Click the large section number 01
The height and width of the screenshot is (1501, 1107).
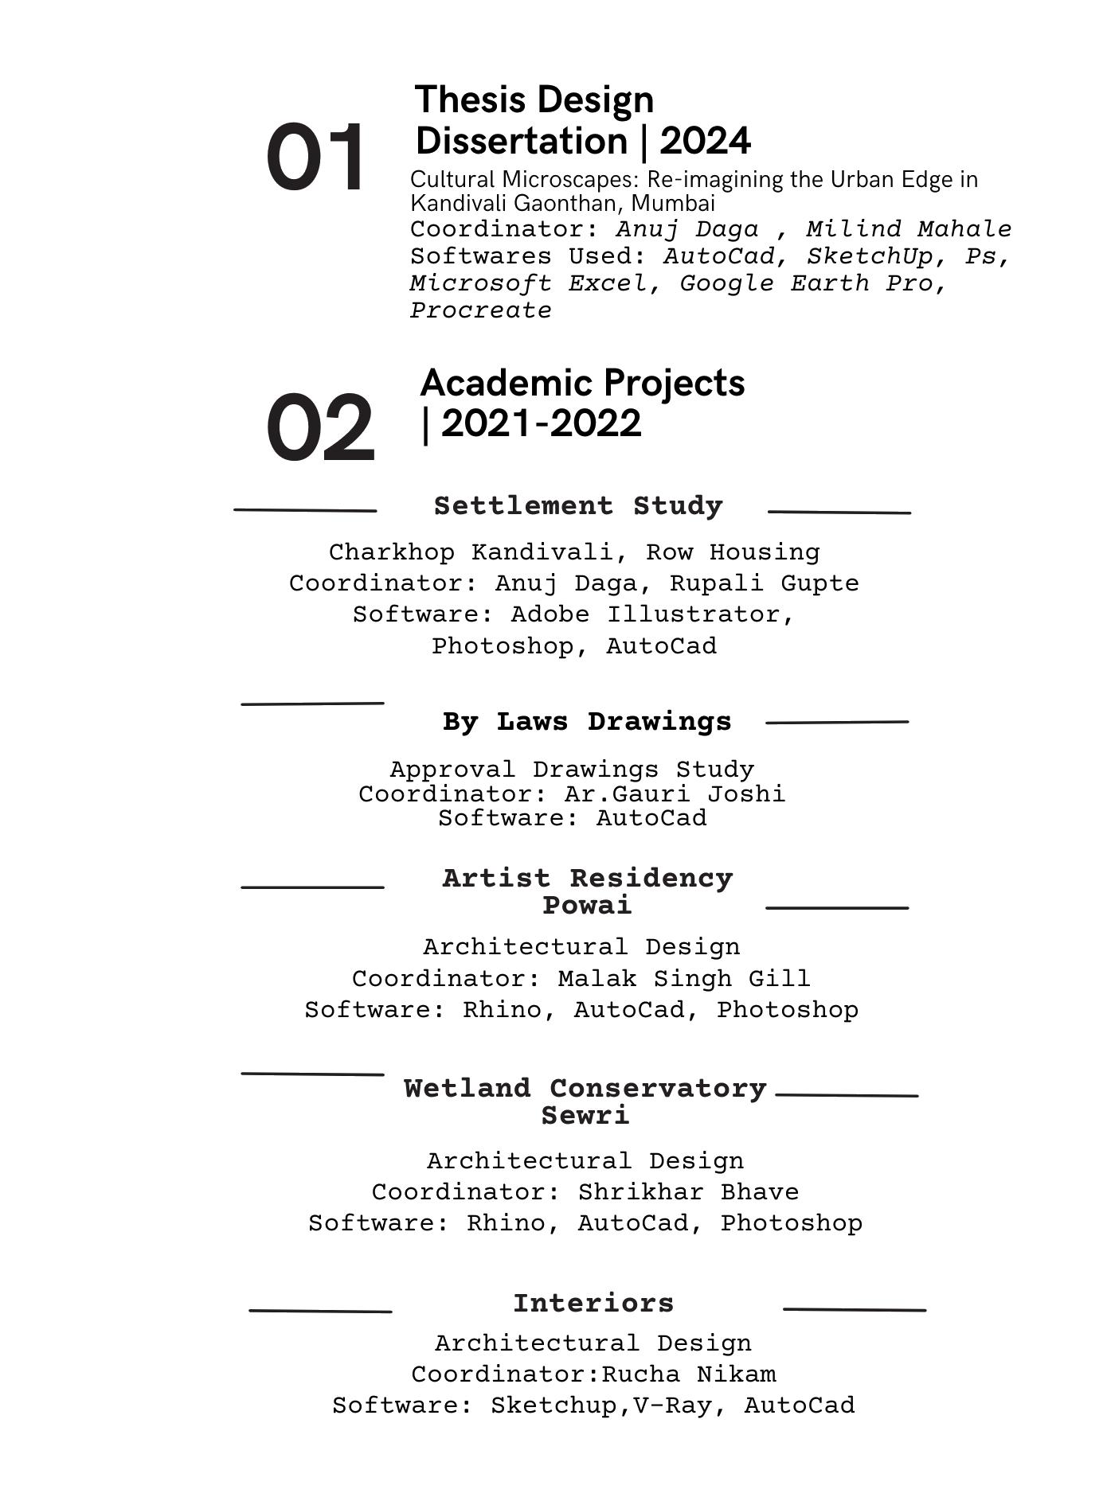(315, 158)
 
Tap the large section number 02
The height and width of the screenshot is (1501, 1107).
(319, 427)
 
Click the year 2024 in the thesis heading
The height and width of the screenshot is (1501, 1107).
(705, 142)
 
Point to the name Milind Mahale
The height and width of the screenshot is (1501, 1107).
(909, 229)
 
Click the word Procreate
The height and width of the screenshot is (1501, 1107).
(480, 310)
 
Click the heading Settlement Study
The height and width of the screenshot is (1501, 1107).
(578, 506)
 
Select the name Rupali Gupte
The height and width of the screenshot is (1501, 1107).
(764, 583)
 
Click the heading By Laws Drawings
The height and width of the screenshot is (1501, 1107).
(587, 722)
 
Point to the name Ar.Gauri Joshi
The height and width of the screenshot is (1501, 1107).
(675, 794)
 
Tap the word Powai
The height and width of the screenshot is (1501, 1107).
(587, 906)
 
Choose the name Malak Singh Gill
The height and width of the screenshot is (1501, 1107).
(683, 978)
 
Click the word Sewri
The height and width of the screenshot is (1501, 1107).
(585, 1116)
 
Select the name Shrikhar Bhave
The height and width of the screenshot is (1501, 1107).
(688, 1192)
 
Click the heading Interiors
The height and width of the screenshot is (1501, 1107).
(593, 1304)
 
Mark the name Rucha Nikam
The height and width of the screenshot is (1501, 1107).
(688, 1374)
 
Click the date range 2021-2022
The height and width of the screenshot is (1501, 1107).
(541, 423)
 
